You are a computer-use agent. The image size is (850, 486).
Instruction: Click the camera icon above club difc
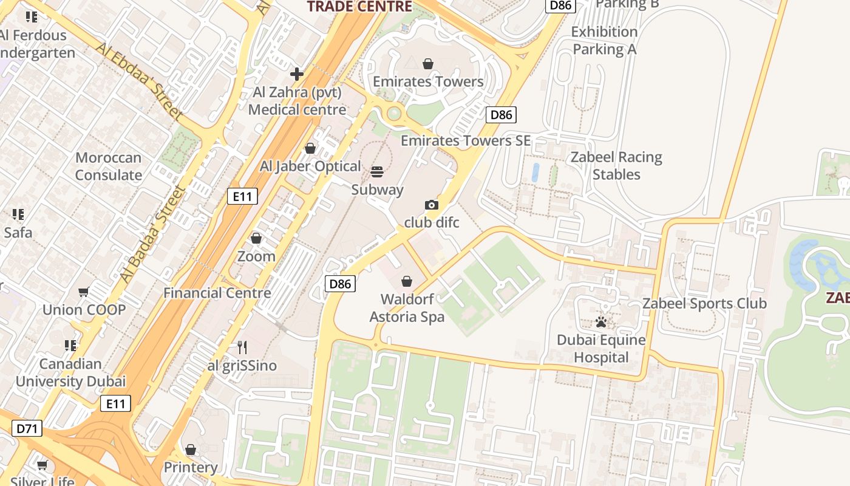click(432, 205)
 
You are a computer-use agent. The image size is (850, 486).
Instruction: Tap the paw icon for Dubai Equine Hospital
click(601, 322)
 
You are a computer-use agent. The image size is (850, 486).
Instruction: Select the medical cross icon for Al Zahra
click(297, 74)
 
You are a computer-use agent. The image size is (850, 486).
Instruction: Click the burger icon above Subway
click(377, 172)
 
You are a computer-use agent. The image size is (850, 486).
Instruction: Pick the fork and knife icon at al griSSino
click(242, 347)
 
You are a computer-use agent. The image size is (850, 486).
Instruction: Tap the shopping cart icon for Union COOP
click(84, 292)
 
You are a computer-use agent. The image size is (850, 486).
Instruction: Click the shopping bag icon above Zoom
click(256, 238)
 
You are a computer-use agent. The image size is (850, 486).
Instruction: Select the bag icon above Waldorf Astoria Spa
click(407, 281)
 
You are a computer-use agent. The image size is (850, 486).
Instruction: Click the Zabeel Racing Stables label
click(616, 166)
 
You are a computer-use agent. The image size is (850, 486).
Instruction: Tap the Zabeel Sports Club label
click(704, 303)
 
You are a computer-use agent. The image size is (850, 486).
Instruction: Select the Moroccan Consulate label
click(108, 166)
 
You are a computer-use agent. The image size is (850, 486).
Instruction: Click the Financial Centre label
click(217, 293)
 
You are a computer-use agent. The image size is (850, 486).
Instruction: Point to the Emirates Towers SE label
click(466, 140)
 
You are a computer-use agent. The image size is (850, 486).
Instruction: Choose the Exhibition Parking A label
click(605, 40)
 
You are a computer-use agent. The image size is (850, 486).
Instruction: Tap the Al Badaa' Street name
click(152, 234)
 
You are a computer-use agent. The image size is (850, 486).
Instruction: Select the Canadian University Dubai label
click(70, 372)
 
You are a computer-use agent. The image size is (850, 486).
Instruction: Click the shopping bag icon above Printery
click(191, 450)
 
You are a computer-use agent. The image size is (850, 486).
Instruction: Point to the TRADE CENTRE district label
click(359, 7)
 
